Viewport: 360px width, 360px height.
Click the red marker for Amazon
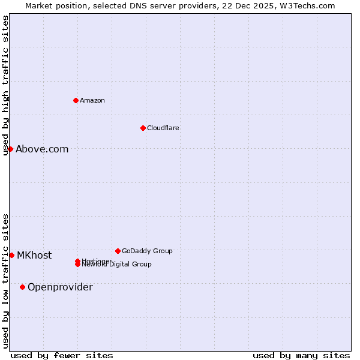(x=76, y=100)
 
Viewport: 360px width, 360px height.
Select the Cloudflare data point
(x=143, y=128)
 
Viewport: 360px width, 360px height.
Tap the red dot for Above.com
(x=11, y=149)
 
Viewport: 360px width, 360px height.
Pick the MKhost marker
(x=11, y=255)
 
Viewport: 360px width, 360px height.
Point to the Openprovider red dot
(x=22, y=287)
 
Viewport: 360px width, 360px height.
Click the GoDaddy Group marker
(x=118, y=251)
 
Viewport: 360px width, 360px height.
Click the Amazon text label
(x=92, y=100)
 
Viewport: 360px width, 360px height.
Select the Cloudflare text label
(x=163, y=128)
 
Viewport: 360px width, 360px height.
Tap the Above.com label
(x=42, y=149)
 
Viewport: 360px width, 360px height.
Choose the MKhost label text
(x=34, y=255)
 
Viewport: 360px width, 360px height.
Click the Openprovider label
(x=60, y=287)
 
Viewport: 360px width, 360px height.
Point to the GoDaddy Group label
(x=147, y=251)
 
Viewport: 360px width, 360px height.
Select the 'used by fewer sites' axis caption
(x=62, y=355)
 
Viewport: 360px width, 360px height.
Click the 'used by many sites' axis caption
(x=301, y=355)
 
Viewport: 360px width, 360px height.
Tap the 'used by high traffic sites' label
(x=5, y=85)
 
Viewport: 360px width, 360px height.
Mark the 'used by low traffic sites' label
(x=5, y=281)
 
